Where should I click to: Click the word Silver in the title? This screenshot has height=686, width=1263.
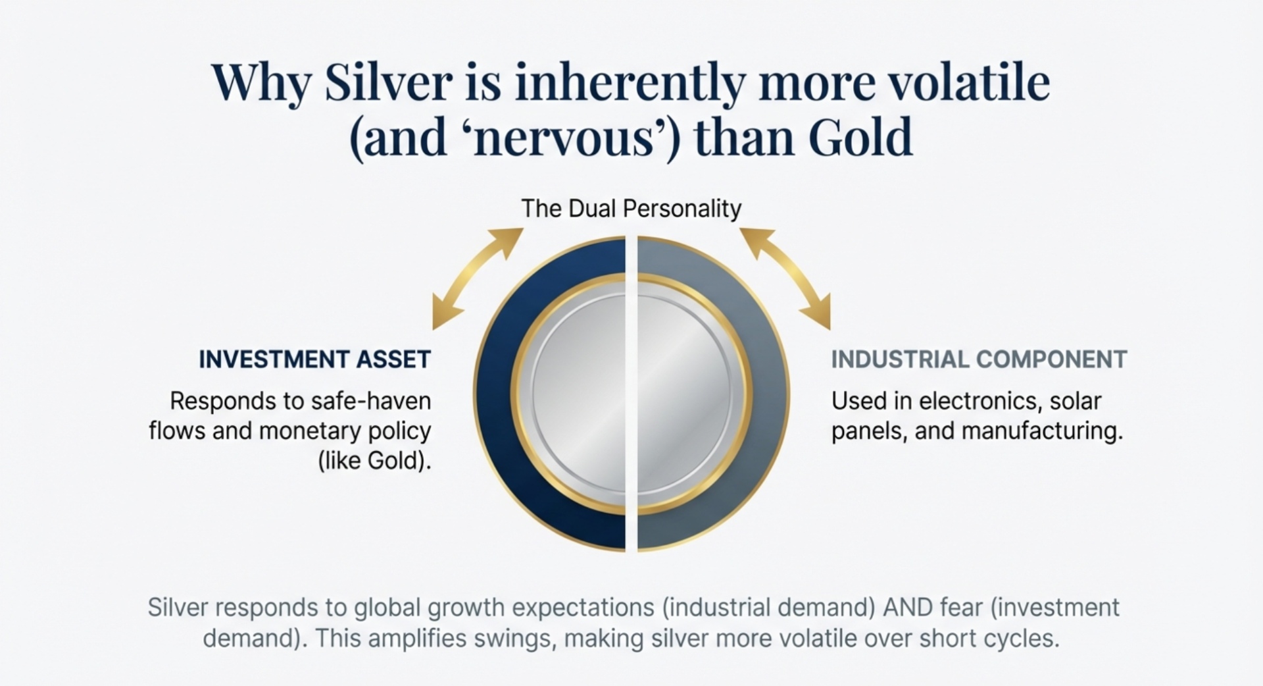pos(388,84)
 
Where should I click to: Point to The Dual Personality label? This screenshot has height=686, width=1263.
pos(631,209)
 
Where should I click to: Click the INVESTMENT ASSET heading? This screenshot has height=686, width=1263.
pos(314,359)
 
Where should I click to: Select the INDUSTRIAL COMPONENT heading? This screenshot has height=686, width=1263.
pos(979,359)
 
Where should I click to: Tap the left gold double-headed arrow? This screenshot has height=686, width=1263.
pos(477,278)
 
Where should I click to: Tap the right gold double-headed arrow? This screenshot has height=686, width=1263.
pos(785,278)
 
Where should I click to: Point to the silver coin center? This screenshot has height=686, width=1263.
pos(631,395)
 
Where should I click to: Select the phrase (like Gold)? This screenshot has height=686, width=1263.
pos(374,460)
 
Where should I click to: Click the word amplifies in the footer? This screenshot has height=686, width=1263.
pos(416,639)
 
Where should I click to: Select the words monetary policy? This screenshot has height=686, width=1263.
pos(345,431)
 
